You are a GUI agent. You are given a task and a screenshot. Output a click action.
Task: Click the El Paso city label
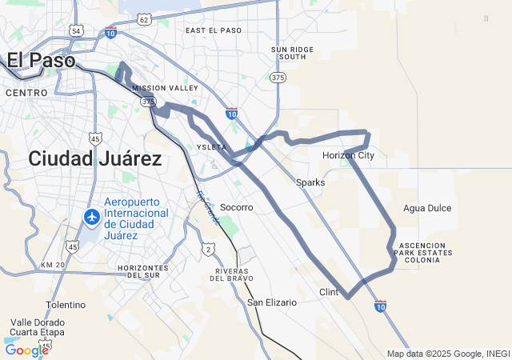pos(41,60)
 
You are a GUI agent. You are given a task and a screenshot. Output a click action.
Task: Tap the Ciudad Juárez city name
pos(94,158)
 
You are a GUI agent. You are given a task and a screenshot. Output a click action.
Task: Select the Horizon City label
pos(348,155)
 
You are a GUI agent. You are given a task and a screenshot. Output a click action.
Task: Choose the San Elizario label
pos(271,302)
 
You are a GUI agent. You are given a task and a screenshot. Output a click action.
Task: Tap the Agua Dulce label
pos(427,208)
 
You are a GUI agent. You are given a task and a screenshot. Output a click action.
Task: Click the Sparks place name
pos(310,182)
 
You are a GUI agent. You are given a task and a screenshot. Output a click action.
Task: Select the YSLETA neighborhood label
pos(212,147)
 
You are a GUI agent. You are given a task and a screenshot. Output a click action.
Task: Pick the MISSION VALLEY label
pos(165,88)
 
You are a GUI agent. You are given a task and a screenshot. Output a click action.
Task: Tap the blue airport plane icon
pos(91,217)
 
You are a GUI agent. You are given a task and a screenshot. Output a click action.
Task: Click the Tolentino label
pos(66,305)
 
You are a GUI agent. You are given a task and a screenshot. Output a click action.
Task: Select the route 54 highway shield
pos(76,30)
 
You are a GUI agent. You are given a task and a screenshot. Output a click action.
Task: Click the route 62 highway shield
pos(143,18)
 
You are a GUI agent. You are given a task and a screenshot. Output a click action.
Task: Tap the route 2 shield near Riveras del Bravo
pos(208,250)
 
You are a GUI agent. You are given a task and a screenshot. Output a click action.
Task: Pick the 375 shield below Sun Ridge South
pos(278,78)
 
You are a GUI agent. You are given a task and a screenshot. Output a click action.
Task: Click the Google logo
pos(26,350)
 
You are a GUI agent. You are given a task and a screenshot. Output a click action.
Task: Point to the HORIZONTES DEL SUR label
pos(142,271)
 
